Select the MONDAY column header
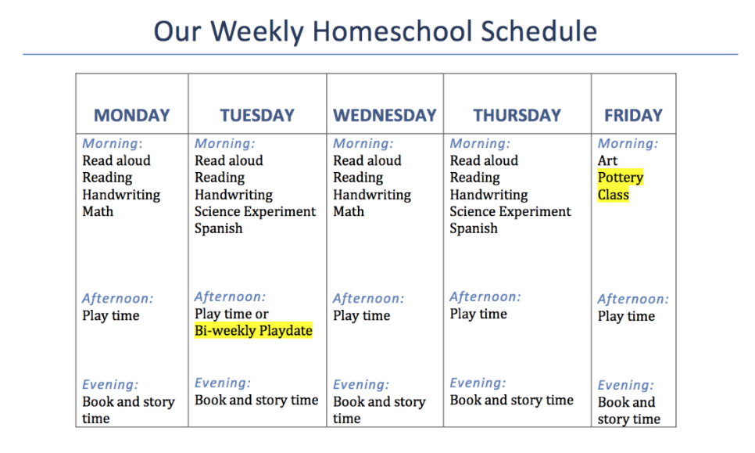click(132, 115)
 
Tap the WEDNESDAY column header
click(385, 115)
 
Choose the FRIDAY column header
click(634, 115)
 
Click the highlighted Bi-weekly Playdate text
click(254, 331)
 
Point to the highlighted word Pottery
click(621, 178)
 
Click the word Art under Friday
click(607, 160)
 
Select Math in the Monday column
click(98, 211)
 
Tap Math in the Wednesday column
click(349, 211)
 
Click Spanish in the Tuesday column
click(219, 228)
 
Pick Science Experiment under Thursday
click(510, 211)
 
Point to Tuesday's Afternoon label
click(230, 297)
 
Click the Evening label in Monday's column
click(110, 385)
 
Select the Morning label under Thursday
click(480, 144)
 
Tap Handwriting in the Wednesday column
click(372, 195)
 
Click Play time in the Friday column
click(627, 316)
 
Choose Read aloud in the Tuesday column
click(229, 160)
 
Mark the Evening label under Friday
click(626, 385)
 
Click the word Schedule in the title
click(539, 31)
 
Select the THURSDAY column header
click(517, 115)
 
